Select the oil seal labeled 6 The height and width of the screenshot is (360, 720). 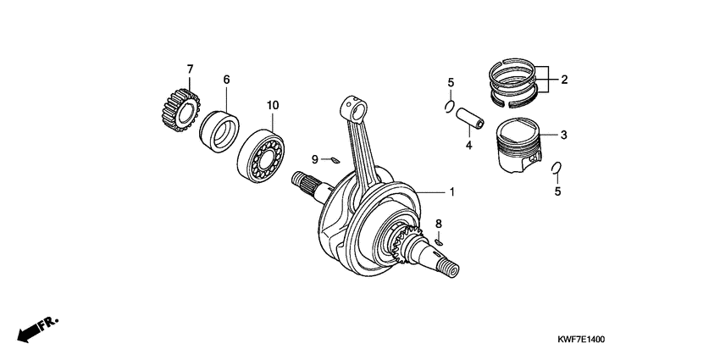(x=219, y=130)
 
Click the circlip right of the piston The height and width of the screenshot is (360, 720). (x=556, y=168)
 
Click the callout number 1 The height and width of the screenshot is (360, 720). (x=451, y=192)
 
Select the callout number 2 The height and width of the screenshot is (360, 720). (x=563, y=80)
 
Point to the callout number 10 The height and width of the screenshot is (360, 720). (x=273, y=105)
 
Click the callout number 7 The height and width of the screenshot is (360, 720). (x=190, y=68)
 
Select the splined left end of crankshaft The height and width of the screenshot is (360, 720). (x=303, y=180)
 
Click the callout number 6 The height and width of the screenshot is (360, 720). (x=226, y=80)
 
